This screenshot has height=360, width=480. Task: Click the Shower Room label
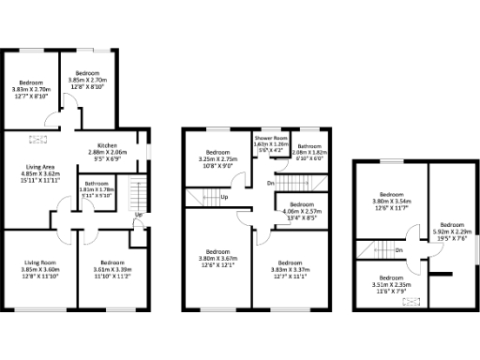[270, 139]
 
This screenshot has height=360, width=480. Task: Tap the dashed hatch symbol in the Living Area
[39, 140]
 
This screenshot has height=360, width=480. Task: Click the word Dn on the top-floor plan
[398, 250]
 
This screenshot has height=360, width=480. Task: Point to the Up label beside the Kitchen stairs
[139, 216]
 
